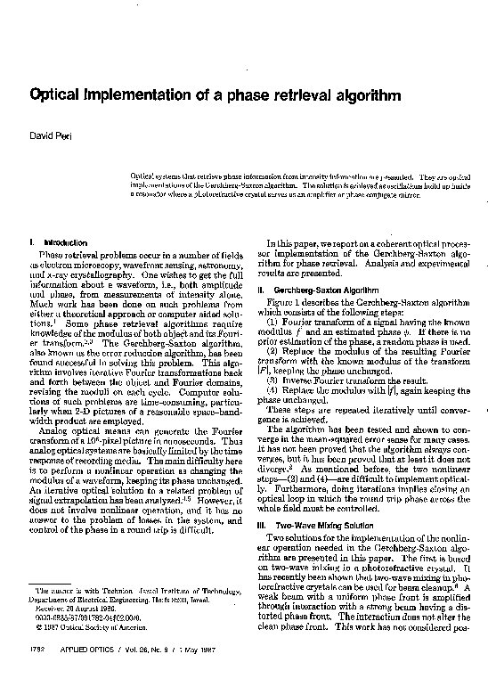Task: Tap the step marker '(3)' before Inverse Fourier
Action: [x=273, y=379]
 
